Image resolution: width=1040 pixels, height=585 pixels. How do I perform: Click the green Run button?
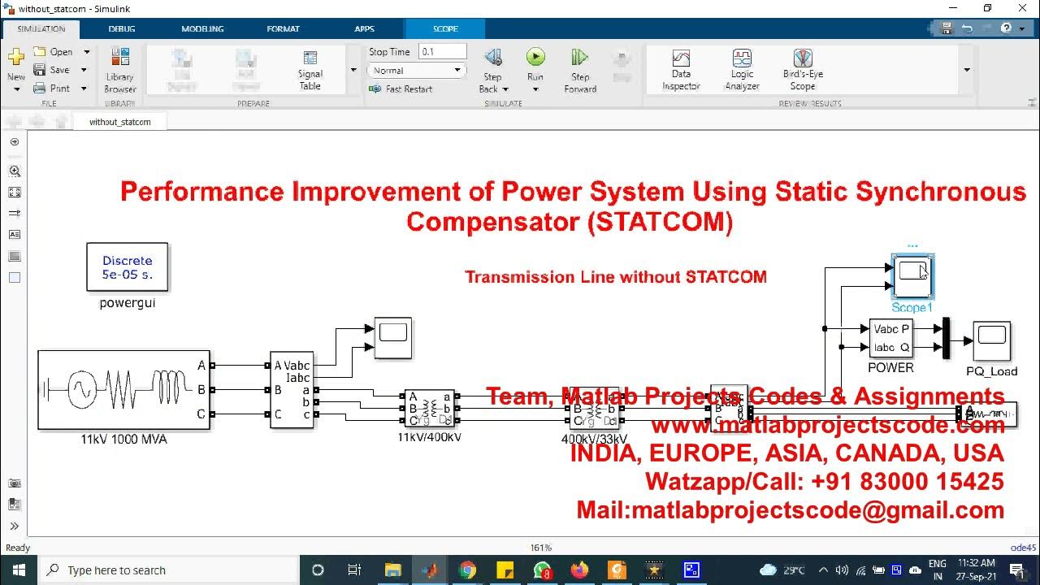[535, 57]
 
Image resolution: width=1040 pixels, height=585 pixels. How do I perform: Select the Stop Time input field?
[442, 51]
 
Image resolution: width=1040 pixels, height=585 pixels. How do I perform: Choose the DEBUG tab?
[123, 28]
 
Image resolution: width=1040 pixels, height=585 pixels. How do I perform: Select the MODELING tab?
[202, 28]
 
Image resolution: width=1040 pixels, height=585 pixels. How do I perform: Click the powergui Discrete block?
[128, 266]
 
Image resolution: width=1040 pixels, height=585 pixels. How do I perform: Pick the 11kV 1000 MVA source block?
[123, 390]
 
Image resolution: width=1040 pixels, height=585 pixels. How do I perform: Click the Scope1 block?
[912, 277]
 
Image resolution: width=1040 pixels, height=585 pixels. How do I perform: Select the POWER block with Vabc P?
[890, 338]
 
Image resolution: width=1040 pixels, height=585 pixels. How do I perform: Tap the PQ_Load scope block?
[992, 341]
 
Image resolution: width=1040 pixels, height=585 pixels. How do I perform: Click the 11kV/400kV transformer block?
[430, 409]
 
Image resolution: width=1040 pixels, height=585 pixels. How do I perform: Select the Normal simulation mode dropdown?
[416, 71]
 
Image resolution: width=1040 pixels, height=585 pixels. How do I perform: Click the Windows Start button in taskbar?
[19, 570]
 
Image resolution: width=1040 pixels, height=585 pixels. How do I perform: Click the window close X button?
[1020, 8]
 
